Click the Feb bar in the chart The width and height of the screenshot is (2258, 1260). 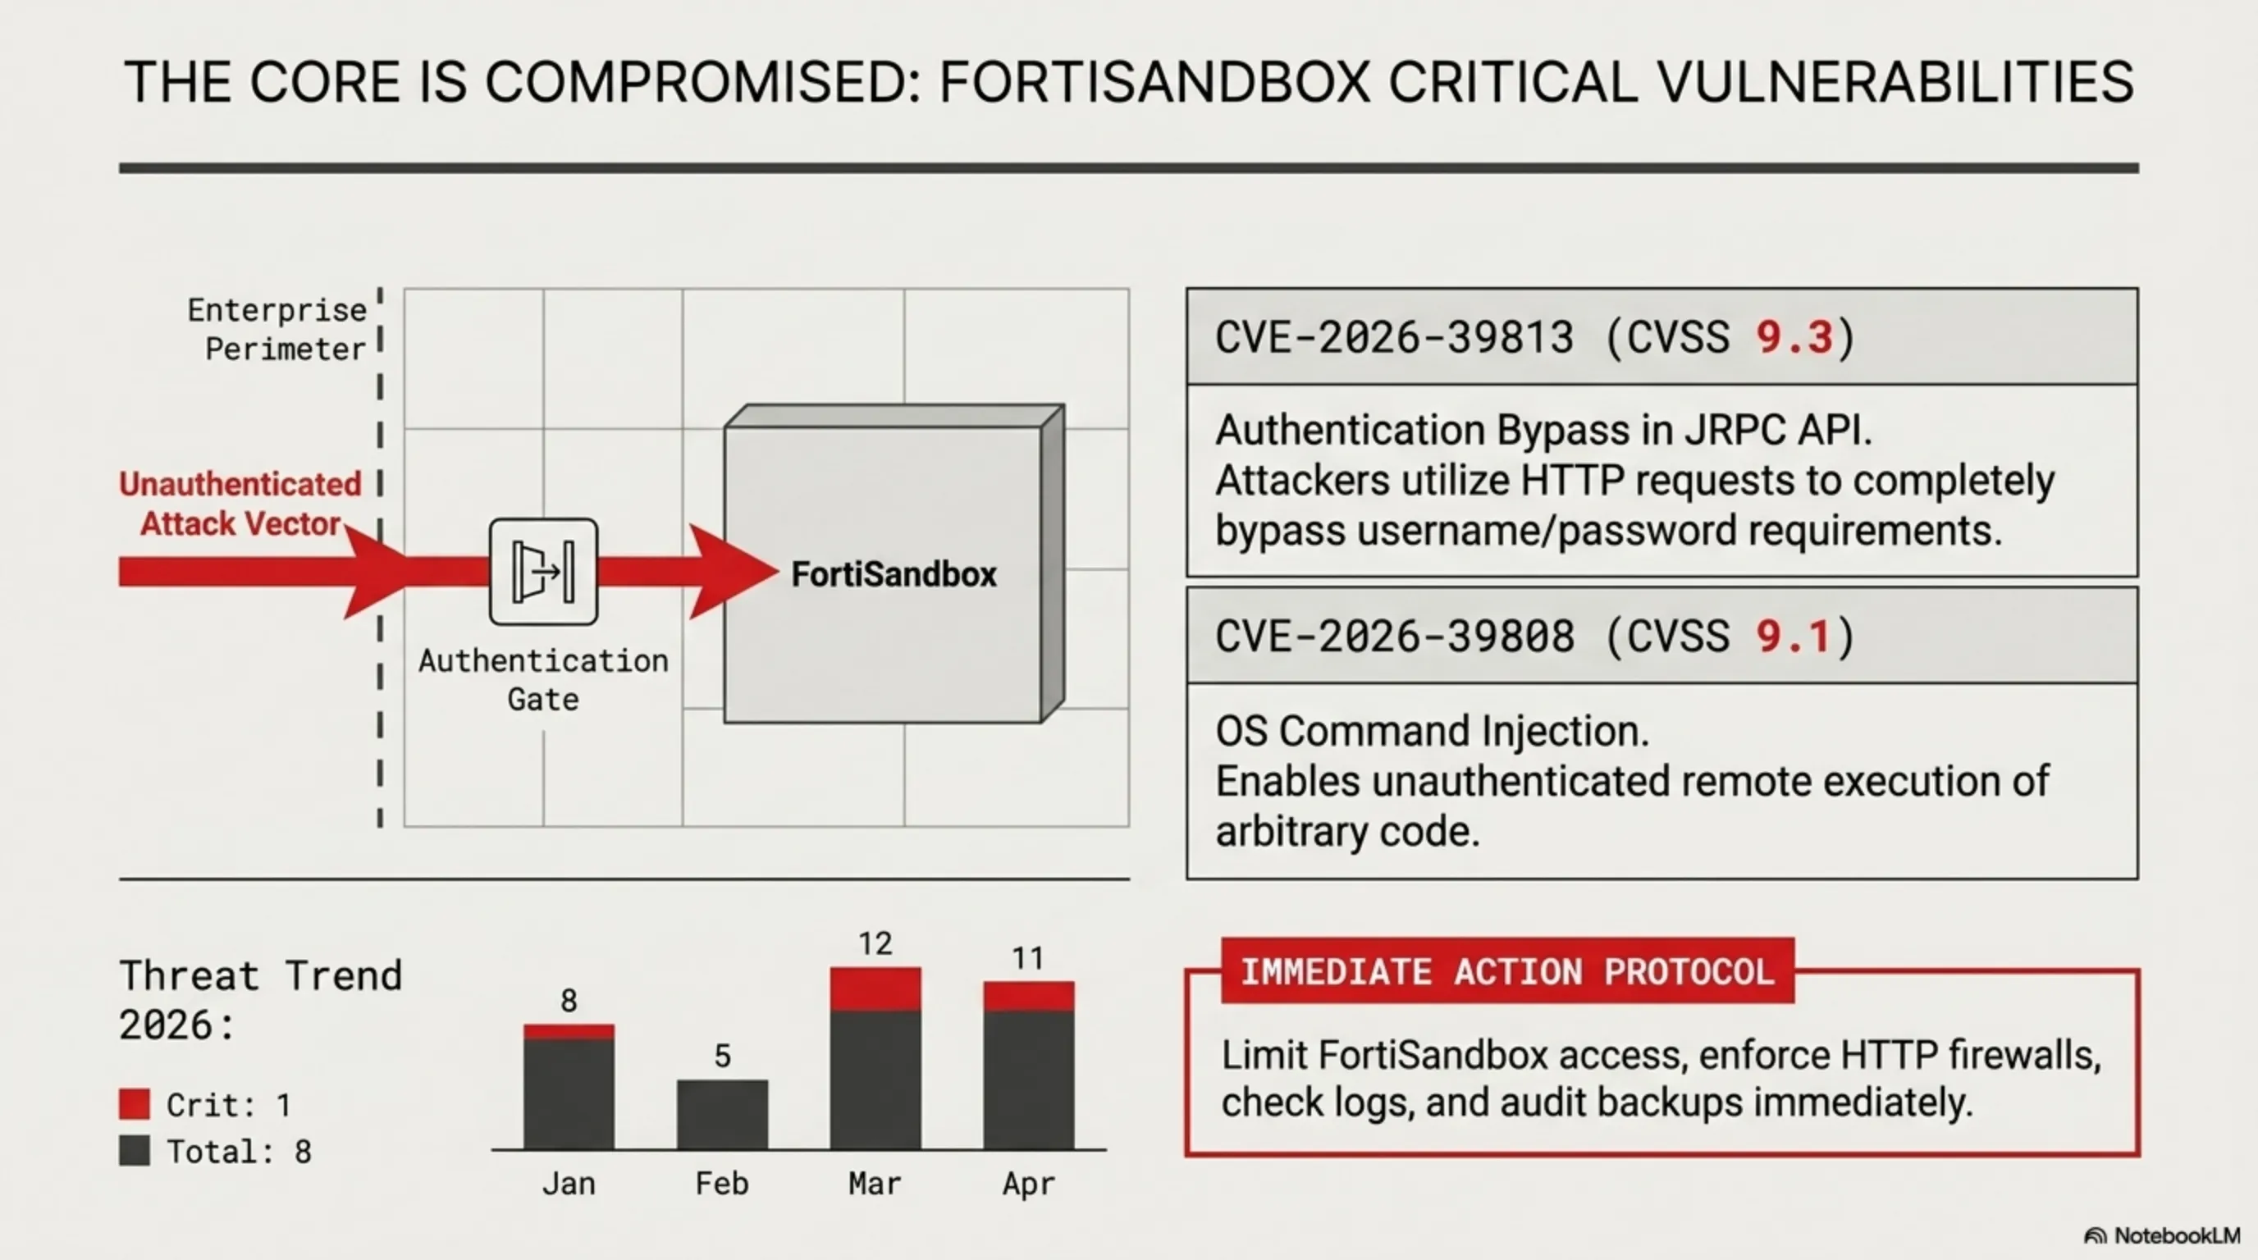722,1114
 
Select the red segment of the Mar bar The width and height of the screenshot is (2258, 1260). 875,989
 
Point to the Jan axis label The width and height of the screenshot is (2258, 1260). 569,1184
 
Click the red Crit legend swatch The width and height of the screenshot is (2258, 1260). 134,1104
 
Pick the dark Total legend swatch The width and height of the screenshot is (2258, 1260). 134,1150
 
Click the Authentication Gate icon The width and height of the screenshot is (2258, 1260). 543,571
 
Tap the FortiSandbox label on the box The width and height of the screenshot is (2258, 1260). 894,575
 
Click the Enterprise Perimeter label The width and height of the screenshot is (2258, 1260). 277,330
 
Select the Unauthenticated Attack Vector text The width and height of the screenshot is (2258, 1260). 240,503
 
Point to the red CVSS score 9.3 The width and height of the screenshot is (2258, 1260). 1794,337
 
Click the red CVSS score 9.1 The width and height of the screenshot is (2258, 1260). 1794,636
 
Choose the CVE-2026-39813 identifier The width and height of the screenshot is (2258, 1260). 1395,337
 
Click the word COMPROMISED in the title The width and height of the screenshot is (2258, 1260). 703,82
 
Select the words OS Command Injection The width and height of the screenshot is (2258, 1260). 1433,731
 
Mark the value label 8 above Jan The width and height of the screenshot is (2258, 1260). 569,1001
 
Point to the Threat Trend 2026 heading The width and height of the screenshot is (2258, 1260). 260,1000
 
